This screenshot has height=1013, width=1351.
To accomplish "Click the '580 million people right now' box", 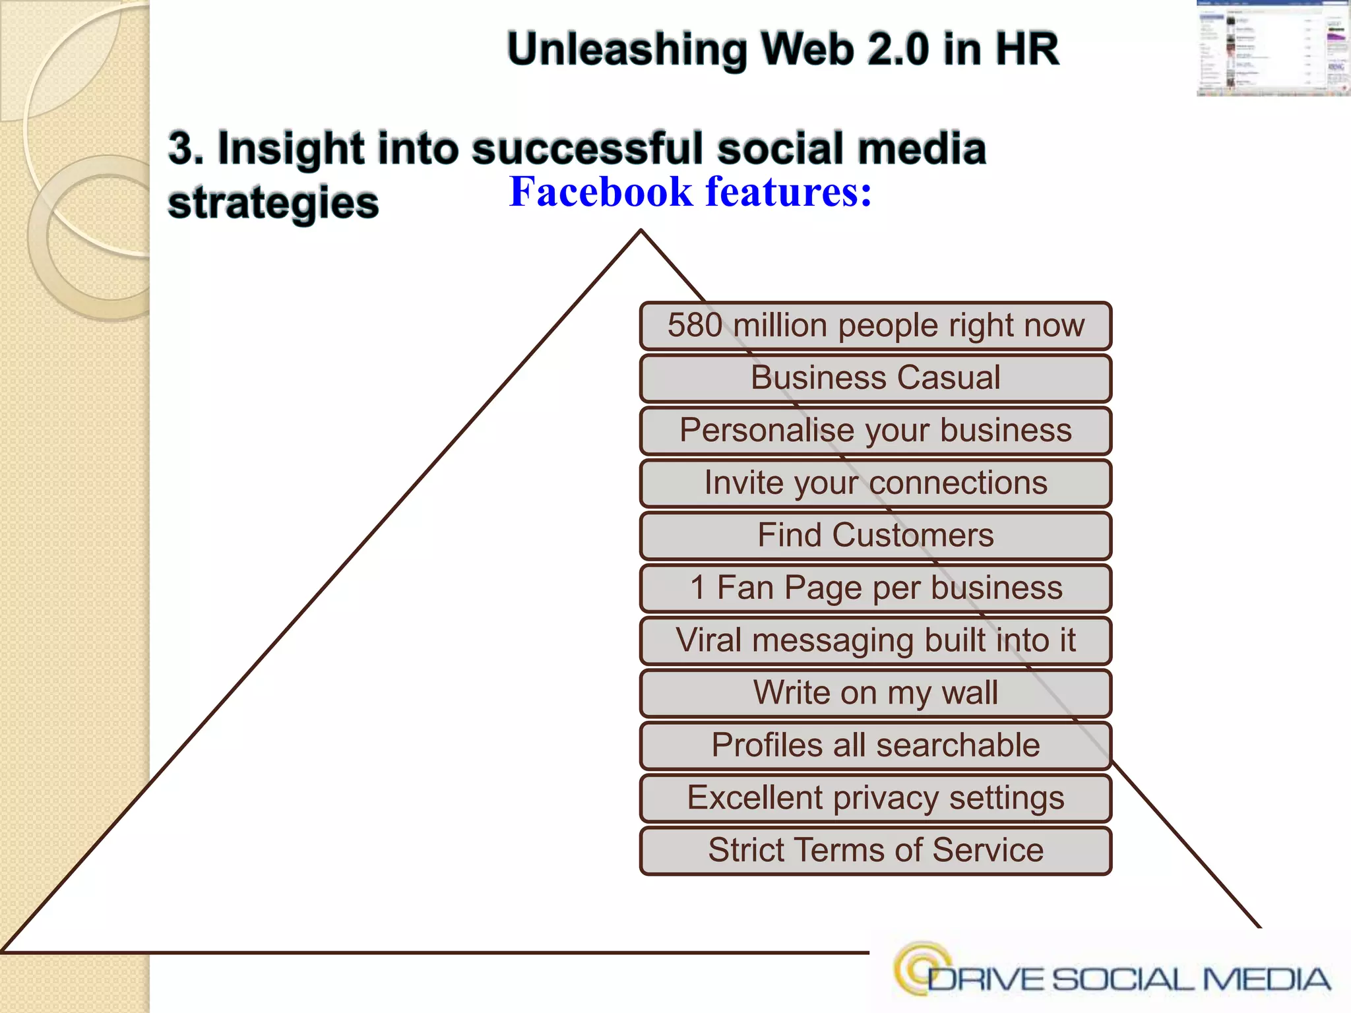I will click(x=875, y=326).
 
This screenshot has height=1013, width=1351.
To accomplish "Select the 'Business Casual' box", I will click(x=875, y=378).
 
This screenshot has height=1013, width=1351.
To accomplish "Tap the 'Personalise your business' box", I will click(x=875, y=431).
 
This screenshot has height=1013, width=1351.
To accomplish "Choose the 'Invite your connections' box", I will click(x=875, y=483).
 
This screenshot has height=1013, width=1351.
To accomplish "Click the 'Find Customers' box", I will click(x=875, y=535).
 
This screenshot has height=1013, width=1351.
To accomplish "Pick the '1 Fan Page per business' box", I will click(x=875, y=588).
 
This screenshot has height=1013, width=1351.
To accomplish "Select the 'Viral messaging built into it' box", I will click(x=875, y=640).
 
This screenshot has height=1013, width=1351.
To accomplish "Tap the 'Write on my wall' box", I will click(x=875, y=693).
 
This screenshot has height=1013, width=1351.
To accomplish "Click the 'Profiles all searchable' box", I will click(x=875, y=745).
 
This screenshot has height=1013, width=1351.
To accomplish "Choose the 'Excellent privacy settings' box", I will click(x=875, y=798).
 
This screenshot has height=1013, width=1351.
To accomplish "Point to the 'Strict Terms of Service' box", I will click(x=875, y=850).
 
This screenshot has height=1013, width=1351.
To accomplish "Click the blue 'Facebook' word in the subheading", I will click(x=601, y=192).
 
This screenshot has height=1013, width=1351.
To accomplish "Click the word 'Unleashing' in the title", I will click(x=627, y=49).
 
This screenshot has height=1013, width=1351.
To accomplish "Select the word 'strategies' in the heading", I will click(x=273, y=203).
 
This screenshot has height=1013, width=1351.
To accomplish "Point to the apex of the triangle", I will click(x=641, y=231).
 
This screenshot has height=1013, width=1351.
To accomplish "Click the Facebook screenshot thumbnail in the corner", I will click(x=1273, y=49).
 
